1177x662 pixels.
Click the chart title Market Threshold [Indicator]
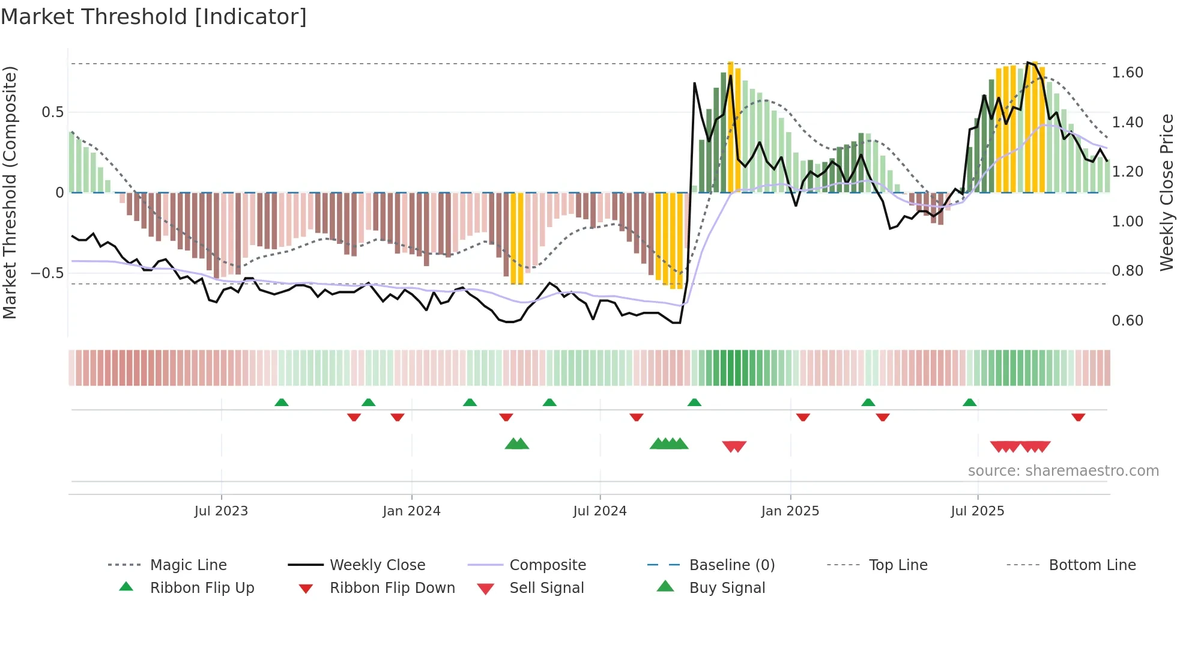click(154, 17)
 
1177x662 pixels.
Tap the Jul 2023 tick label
click(221, 511)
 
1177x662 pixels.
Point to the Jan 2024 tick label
click(411, 511)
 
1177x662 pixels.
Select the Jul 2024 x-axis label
click(600, 511)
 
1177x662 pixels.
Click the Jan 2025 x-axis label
click(790, 511)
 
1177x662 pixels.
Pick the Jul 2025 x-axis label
click(978, 511)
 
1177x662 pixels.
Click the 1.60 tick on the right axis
click(1128, 73)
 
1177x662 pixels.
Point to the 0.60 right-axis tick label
click(1128, 321)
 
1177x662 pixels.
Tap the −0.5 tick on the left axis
click(47, 273)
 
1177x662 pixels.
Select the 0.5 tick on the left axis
click(53, 112)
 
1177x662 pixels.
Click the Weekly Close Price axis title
click(1166, 192)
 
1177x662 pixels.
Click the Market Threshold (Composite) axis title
click(10, 192)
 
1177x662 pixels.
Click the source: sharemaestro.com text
click(1063, 471)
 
